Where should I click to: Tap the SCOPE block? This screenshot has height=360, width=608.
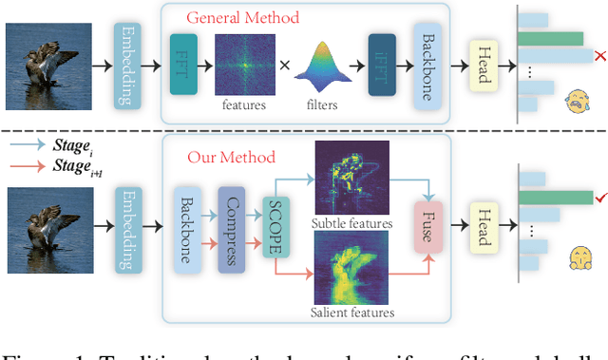(276, 231)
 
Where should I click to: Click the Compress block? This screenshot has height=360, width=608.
(232, 231)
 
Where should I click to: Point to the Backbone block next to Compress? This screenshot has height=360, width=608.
(185, 231)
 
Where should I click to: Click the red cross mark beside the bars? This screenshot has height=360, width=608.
(599, 59)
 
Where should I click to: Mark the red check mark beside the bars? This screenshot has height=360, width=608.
(599, 197)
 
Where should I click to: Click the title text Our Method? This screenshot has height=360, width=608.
(231, 157)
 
